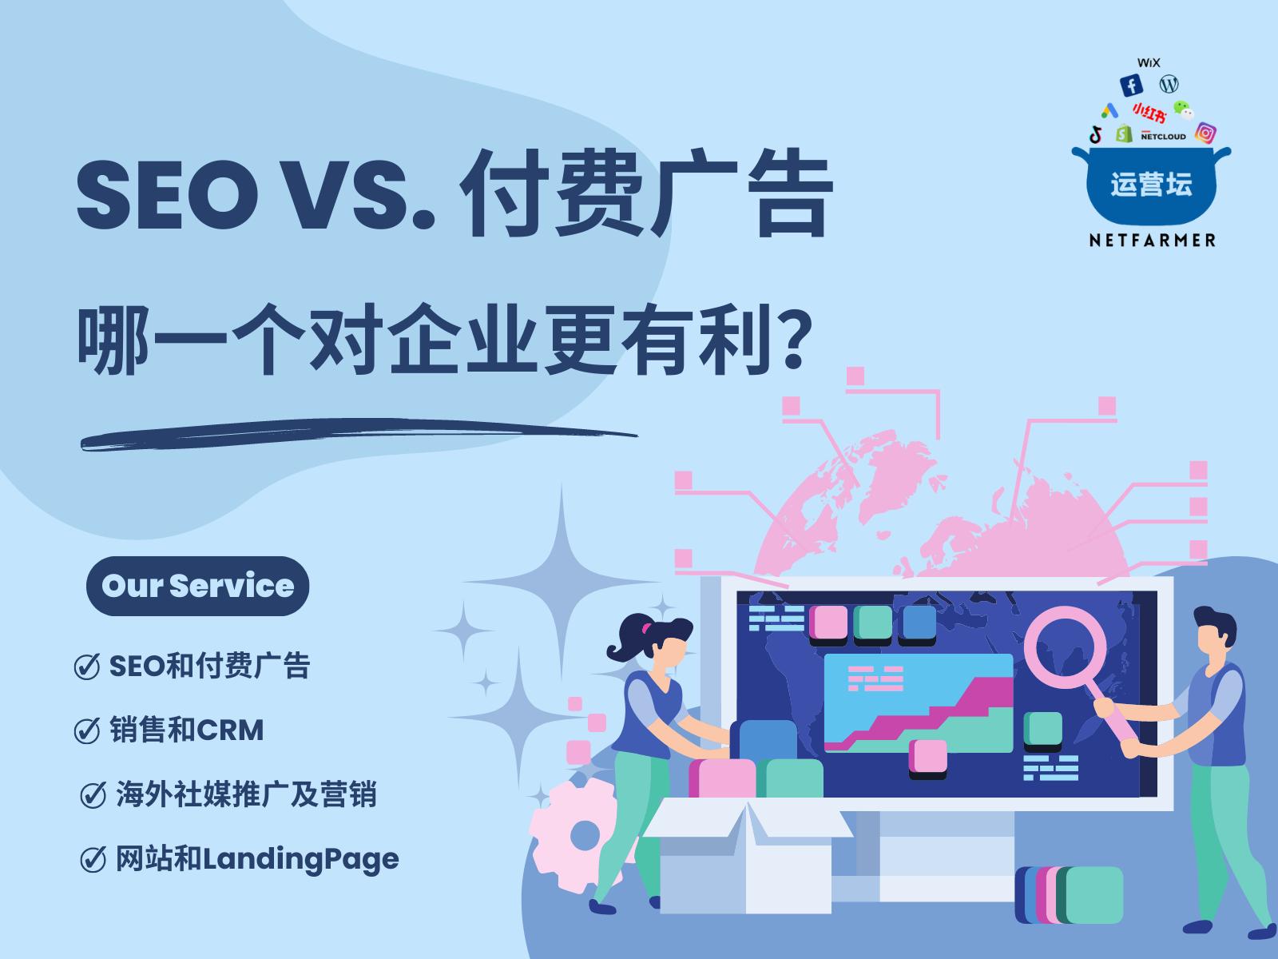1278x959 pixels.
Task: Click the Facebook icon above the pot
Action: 1131,86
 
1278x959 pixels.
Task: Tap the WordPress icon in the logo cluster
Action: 1169,83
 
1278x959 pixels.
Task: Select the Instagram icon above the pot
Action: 1206,133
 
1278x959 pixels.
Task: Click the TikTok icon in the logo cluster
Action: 1096,132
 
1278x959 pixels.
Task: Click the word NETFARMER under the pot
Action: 1153,240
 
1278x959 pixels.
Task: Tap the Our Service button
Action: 197,586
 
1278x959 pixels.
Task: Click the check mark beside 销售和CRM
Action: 86,730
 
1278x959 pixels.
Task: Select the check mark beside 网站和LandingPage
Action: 93,860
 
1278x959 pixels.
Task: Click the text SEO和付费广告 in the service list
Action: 209,666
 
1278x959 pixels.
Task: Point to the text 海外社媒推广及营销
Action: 246,795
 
